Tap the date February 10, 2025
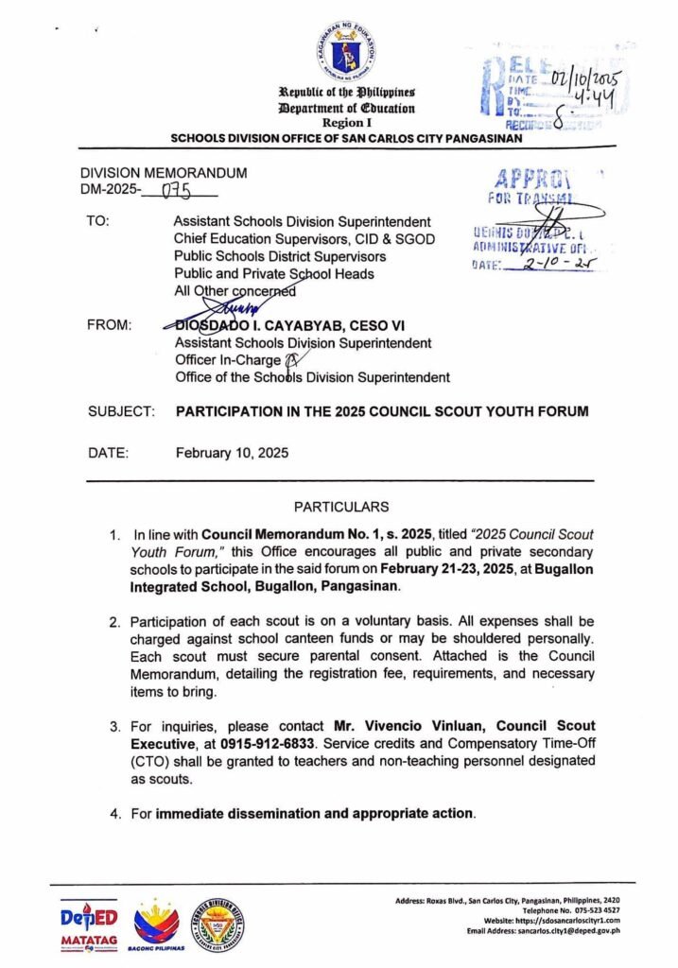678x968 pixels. (232, 452)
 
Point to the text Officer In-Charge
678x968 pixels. (228, 360)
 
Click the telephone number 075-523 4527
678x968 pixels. (593, 909)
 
